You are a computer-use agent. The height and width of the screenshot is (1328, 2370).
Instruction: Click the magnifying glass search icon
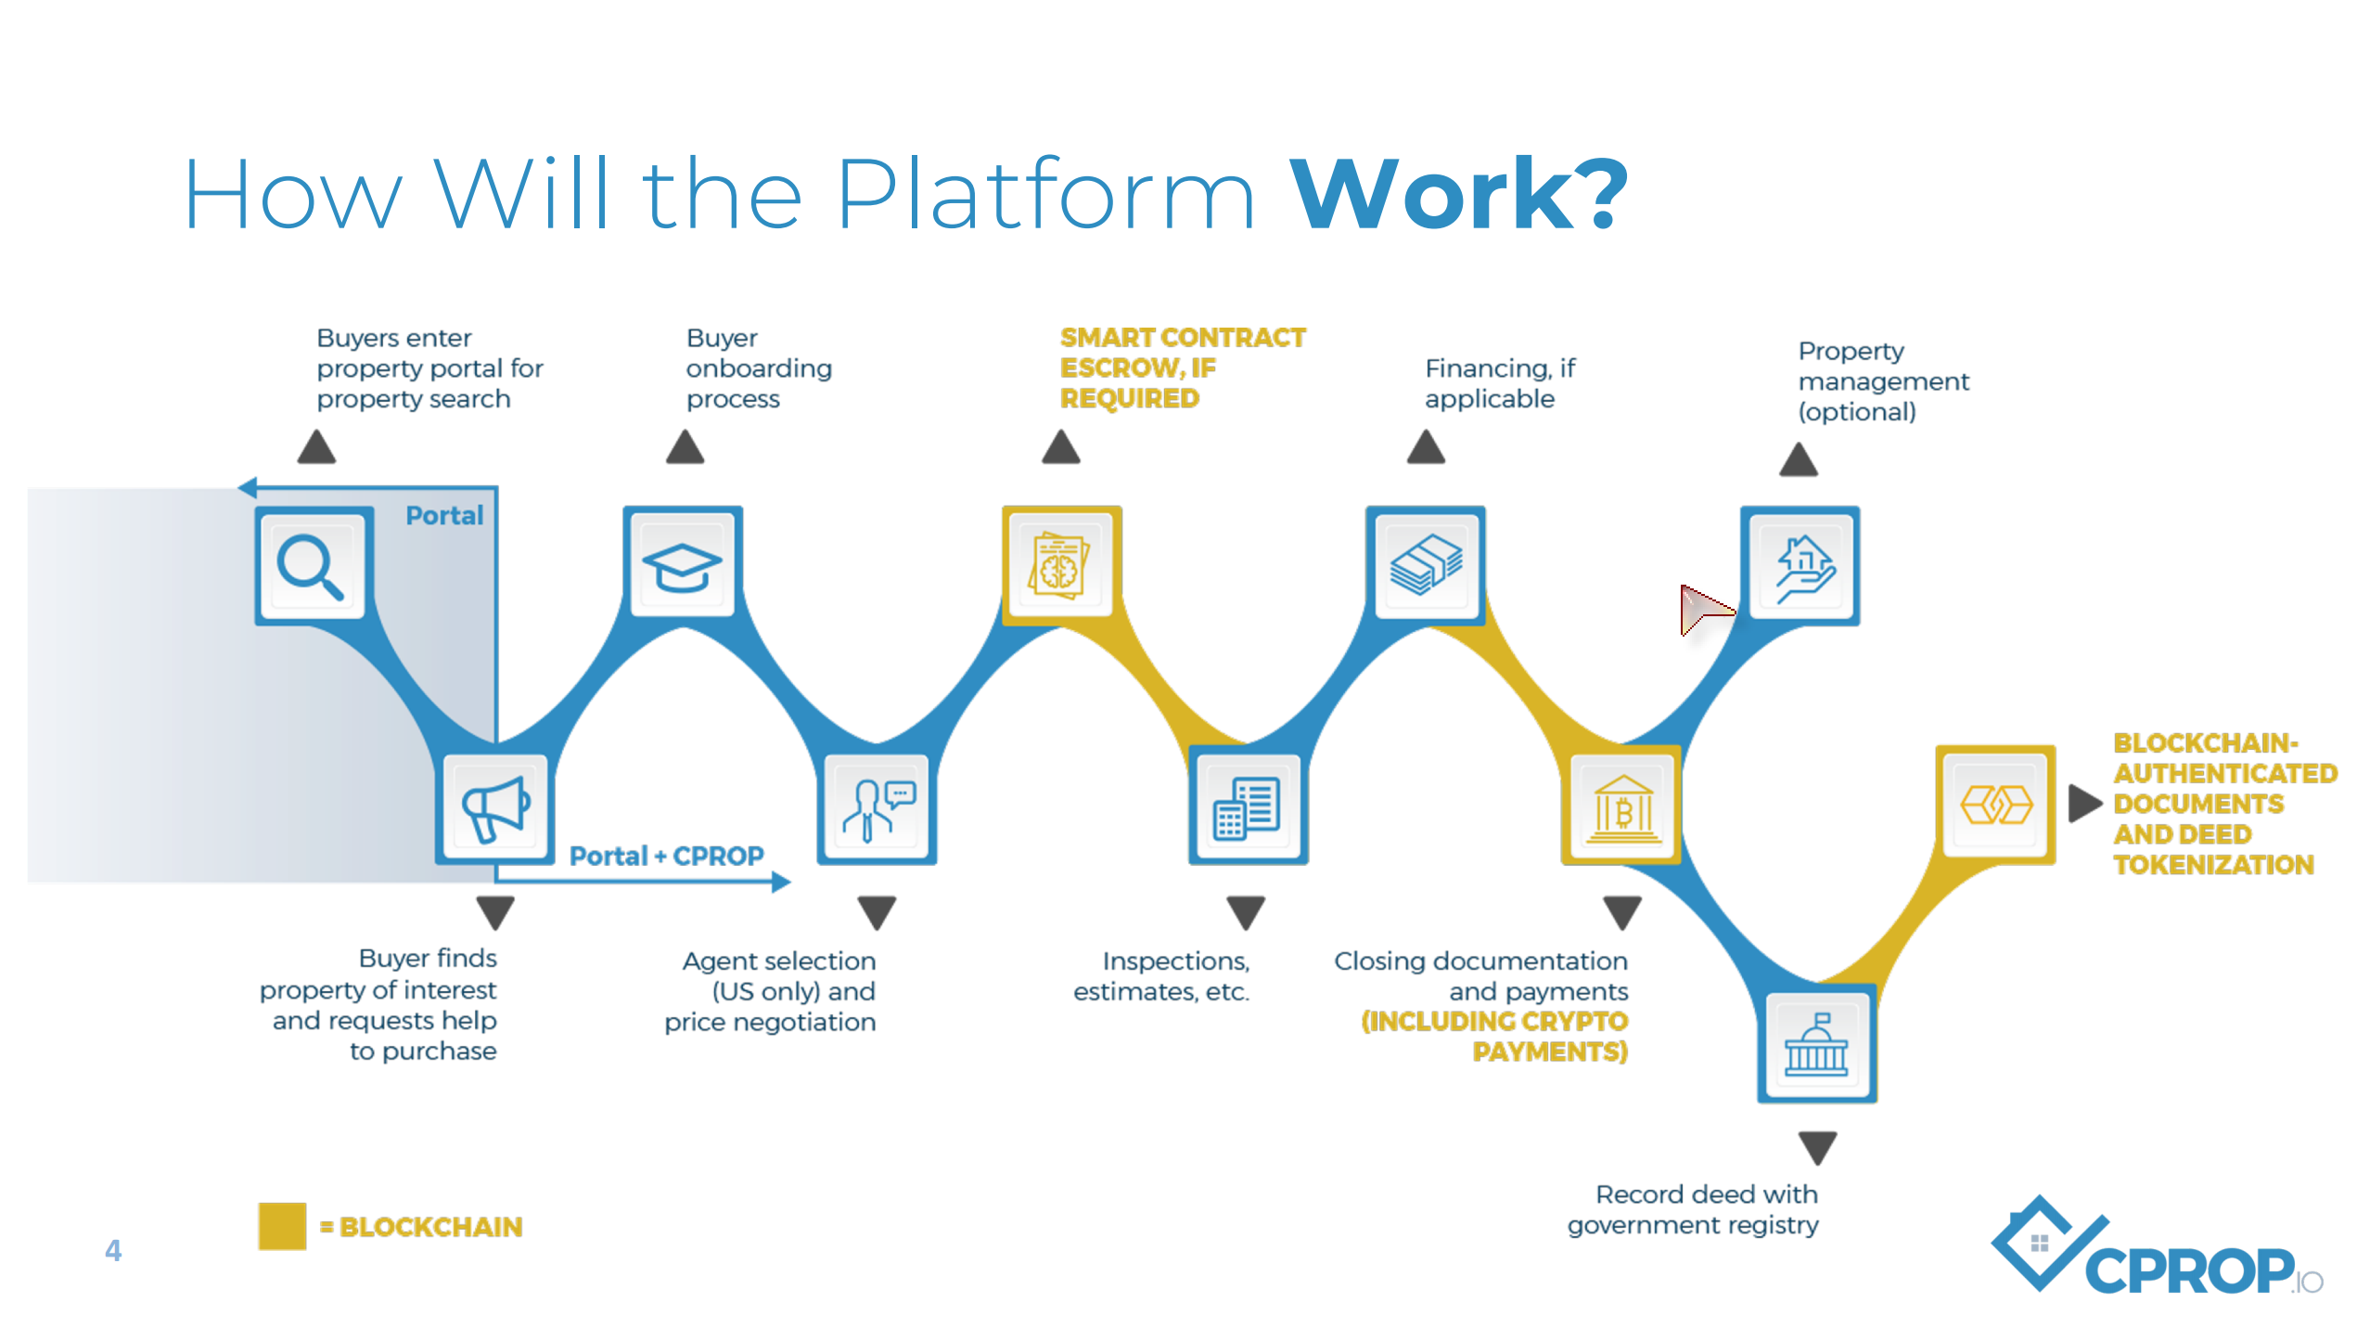pyautogui.click(x=311, y=566)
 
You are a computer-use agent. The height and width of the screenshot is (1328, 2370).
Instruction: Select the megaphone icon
pyautogui.click(x=496, y=807)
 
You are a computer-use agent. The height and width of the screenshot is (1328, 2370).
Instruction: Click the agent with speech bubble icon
pyautogui.click(x=877, y=807)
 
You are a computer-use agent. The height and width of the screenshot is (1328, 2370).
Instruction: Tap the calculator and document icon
pyautogui.click(x=1248, y=807)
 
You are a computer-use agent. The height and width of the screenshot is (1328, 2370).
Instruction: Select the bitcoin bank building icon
pyautogui.click(x=1623, y=807)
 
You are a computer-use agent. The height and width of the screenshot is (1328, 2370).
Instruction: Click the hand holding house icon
pyautogui.click(x=1801, y=566)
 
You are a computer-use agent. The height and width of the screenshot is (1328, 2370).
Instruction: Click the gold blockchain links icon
pyautogui.click(x=1996, y=804)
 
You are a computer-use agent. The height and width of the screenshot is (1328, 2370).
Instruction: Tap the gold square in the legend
pyautogui.click(x=282, y=1226)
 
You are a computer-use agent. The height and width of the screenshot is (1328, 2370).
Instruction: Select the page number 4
pyautogui.click(x=113, y=1250)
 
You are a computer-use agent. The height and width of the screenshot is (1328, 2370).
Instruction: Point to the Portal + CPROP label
pyautogui.click(x=666, y=856)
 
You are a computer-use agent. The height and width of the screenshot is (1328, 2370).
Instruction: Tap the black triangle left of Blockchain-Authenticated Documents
pyautogui.click(x=2083, y=803)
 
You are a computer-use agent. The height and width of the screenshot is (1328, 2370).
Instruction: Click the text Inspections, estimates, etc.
pyautogui.click(x=1161, y=976)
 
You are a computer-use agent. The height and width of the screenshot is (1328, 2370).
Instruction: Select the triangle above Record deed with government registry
pyautogui.click(x=1817, y=1147)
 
